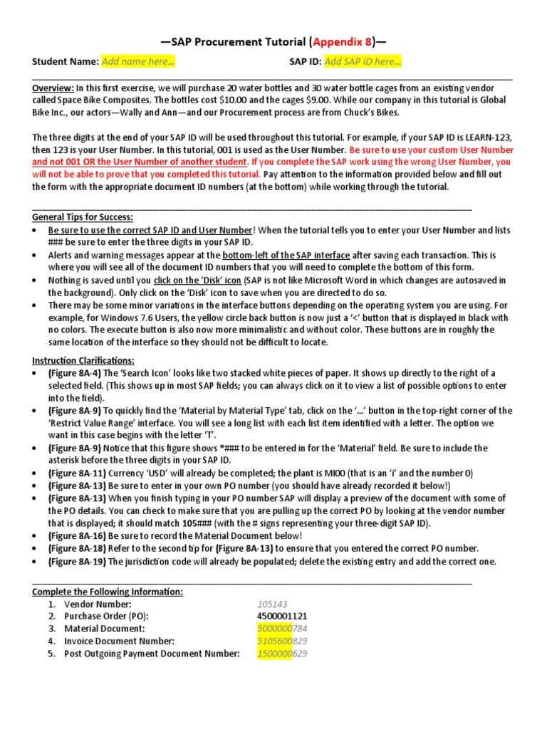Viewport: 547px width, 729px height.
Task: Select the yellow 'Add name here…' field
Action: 138,62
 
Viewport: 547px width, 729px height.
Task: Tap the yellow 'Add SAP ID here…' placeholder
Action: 363,62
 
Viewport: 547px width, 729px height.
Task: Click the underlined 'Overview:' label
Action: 53,88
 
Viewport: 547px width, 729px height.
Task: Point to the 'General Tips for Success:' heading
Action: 83,217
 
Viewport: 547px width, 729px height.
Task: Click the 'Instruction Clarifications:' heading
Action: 83,361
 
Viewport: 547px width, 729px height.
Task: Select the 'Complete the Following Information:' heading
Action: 108,592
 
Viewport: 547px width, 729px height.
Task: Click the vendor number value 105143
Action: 273,604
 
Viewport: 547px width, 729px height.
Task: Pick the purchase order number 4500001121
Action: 283,617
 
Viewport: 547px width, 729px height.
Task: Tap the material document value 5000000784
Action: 283,629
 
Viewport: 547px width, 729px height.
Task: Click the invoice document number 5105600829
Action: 283,641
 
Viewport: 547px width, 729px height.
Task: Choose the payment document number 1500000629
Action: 283,654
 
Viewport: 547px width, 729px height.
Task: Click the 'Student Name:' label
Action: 65,62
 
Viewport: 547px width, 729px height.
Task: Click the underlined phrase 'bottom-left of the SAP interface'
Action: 286,255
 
